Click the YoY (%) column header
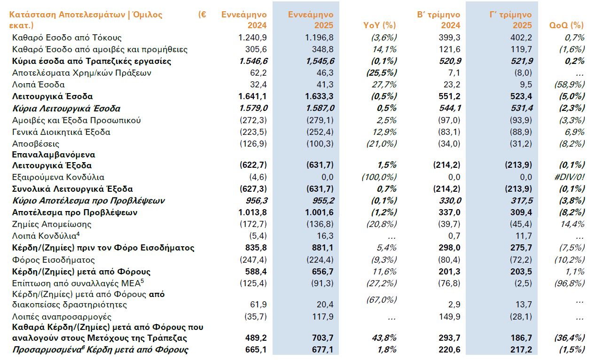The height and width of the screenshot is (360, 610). pyautogui.click(x=380, y=25)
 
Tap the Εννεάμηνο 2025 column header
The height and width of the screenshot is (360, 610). pyautogui.click(x=311, y=20)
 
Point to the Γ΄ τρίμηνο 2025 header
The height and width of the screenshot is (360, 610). pyautogui.click(x=510, y=20)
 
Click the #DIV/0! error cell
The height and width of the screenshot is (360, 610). pyautogui.click(x=570, y=177)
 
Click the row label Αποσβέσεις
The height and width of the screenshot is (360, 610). pyautogui.click(x=37, y=144)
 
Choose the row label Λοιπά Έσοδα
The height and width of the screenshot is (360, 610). pyautogui.click(x=39, y=85)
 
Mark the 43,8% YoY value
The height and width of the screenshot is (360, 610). pyautogui.click(x=384, y=338)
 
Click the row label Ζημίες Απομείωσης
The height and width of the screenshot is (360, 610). pyautogui.click(x=52, y=224)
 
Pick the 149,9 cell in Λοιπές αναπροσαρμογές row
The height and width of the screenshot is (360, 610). pyautogui.click(x=450, y=317)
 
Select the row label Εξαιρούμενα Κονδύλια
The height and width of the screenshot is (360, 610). pyautogui.click(x=58, y=177)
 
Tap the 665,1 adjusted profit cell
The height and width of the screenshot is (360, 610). pyautogui.click(x=256, y=350)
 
